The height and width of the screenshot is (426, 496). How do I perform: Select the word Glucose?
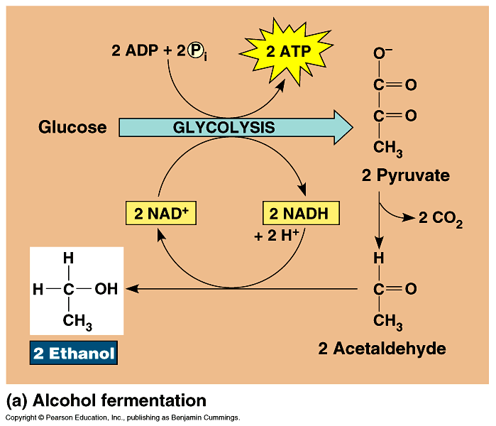(x=72, y=128)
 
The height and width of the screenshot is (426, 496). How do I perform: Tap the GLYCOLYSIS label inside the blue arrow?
(x=224, y=128)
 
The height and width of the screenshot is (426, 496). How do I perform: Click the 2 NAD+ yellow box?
(x=160, y=213)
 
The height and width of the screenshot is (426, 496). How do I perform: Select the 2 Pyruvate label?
(x=405, y=175)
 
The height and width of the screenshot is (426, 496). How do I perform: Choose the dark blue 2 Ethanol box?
(x=73, y=353)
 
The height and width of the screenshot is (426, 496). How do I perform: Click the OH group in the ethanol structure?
(x=106, y=289)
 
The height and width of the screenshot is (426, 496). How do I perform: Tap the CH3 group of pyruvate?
(x=388, y=148)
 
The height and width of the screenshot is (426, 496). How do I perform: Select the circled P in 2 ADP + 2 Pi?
(x=195, y=51)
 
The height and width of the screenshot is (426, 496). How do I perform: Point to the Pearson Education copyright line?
(x=122, y=418)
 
